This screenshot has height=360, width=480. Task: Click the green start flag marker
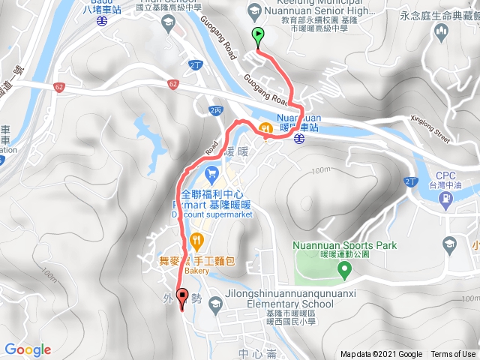(x=258, y=34)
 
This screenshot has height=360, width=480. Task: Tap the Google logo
(x=28, y=349)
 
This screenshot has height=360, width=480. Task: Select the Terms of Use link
(x=453, y=355)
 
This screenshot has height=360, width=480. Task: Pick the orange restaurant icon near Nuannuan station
(x=266, y=129)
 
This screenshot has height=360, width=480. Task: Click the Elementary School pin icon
(x=216, y=303)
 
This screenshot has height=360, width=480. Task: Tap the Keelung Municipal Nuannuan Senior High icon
(x=256, y=10)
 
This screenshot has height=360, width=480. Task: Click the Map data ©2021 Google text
(x=381, y=355)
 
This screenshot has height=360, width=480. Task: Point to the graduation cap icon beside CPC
(x=449, y=244)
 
